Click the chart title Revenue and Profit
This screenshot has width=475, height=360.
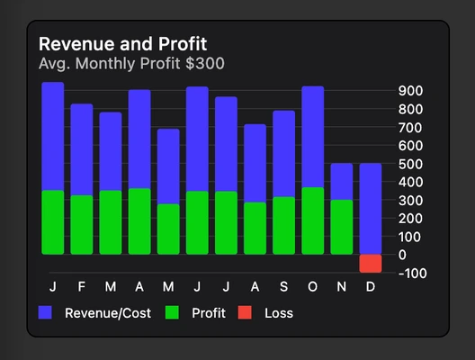[122, 43]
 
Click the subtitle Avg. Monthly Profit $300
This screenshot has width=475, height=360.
[131, 64]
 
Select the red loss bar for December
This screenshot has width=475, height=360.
[370, 263]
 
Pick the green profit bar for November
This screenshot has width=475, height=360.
[341, 227]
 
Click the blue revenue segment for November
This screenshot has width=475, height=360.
[341, 182]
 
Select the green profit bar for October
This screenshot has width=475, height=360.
[312, 220]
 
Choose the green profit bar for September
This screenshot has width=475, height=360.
[283, 225]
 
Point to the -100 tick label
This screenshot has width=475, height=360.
[409, 273]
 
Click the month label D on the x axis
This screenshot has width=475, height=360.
[370, 287]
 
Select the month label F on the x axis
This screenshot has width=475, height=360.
[82, 287]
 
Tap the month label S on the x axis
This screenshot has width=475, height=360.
[283, 287]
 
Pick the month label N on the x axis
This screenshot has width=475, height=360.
[341, 287]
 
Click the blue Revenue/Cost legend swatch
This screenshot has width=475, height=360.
[45, 313]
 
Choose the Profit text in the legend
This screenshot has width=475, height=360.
[209, 313]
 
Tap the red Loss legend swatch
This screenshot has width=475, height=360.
[245, 313]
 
